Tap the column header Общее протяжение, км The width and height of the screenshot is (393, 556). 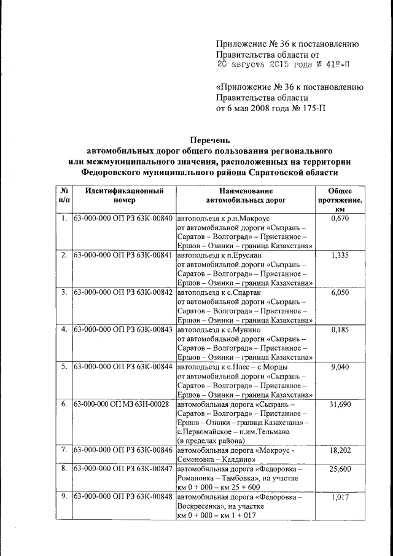click(x=340, y=200)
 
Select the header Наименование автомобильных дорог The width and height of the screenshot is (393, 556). click(x=245, y=195)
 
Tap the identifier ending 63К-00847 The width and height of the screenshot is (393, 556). click(x=123, y=469)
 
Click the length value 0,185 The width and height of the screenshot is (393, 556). click(x=340, y=329)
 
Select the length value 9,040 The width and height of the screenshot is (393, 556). click(x=340, y=367)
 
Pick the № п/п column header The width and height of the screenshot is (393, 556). click(x=64, y=195)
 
